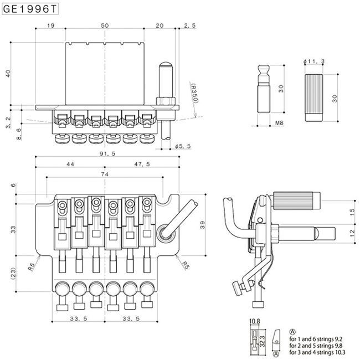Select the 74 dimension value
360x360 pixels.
click(x=104, y=173)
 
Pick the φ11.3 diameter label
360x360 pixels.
click(x=315, y=61)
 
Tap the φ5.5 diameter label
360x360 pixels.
click(x=182, y=146)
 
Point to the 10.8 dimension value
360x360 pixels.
click(x=255, y=321)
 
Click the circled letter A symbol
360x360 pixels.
click(x=292, y=330)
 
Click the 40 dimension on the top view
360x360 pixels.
click(x=8, y=74)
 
